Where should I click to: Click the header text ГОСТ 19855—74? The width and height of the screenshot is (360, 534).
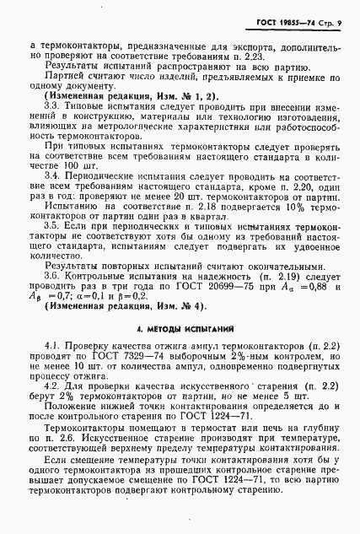(290, 21)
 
